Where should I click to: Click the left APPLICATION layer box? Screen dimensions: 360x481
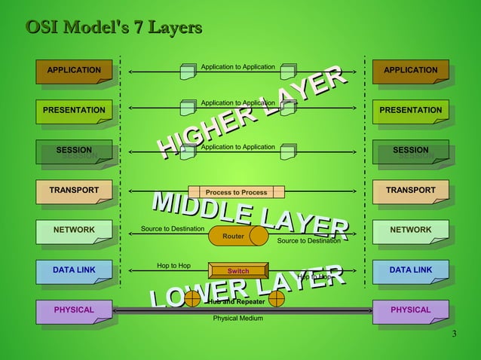tap(74, 71)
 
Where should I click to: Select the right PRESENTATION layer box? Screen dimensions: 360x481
tap(411, 111)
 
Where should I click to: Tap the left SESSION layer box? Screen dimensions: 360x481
tap(74, 151)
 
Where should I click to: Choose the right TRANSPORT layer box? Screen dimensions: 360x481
tap(411, 191)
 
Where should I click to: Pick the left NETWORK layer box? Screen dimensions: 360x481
tap(74, 230)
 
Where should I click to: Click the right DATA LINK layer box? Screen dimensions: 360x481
tap(411, 270)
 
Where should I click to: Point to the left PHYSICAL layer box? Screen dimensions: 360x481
tap(74, 310)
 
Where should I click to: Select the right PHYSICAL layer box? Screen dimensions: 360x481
tap(411, 310)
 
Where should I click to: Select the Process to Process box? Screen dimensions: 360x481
tap(236, 192)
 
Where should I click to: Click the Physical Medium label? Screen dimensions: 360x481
tap(237, 318)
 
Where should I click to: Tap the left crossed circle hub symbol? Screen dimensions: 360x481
tap(192, 299)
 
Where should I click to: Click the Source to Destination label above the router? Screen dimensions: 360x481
tap(173, 228)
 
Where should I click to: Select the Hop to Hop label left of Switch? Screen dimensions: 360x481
tap(173, 266)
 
